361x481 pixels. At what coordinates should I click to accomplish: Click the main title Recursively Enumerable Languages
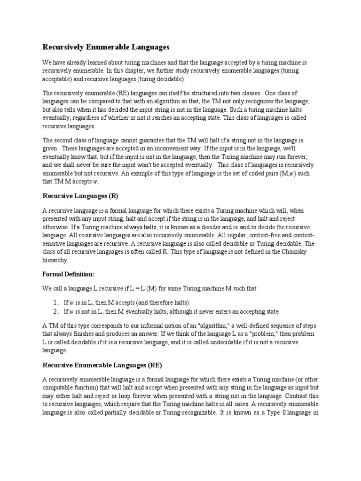(x=105, y=47)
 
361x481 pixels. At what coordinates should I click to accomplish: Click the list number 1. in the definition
(x=55, y=302)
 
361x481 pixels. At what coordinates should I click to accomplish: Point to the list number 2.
(x=55, y=311)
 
